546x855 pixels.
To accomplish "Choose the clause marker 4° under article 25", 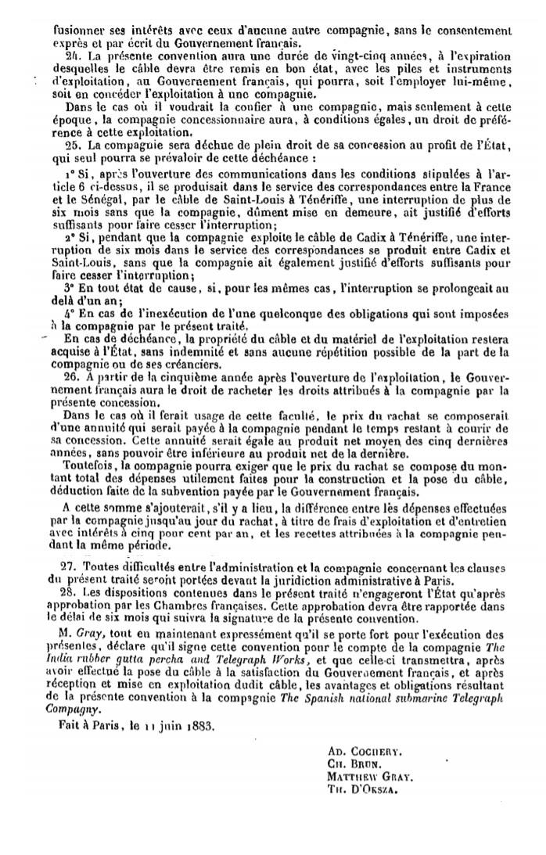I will pyautogui.click(x=68, y=312).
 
